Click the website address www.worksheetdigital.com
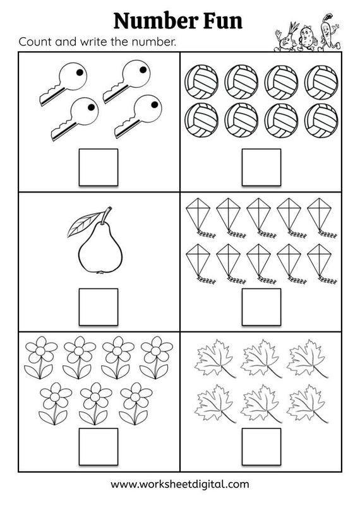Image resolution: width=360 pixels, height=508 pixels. [x=180, y=484]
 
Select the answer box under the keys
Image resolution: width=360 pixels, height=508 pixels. [x=98, y=167]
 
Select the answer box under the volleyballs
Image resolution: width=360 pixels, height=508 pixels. [x=261, y=167]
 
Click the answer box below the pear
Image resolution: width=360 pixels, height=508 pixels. [x=98, y=307]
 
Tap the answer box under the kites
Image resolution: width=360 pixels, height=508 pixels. [x=261, y=307]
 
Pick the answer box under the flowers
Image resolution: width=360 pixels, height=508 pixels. [x=98, y=446]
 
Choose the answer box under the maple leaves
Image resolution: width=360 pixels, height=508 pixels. [x=261, y=446]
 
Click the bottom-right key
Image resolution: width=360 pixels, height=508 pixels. [x=136, y=115]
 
